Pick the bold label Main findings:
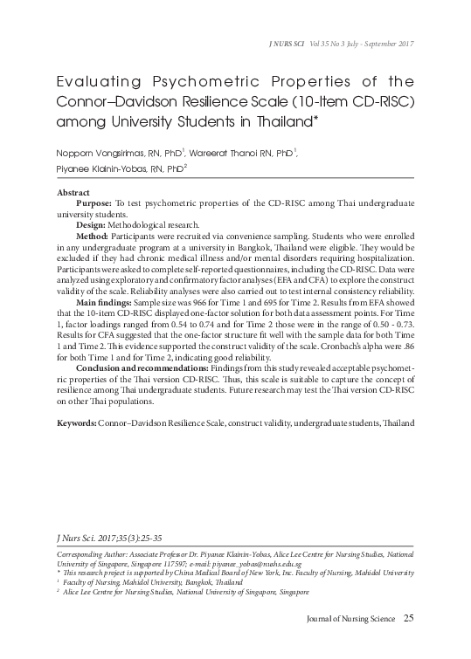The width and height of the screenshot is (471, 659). pyautogui.click(x=116, y=300)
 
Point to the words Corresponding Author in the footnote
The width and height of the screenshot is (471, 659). pyautogui.click(x=89, y=554)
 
